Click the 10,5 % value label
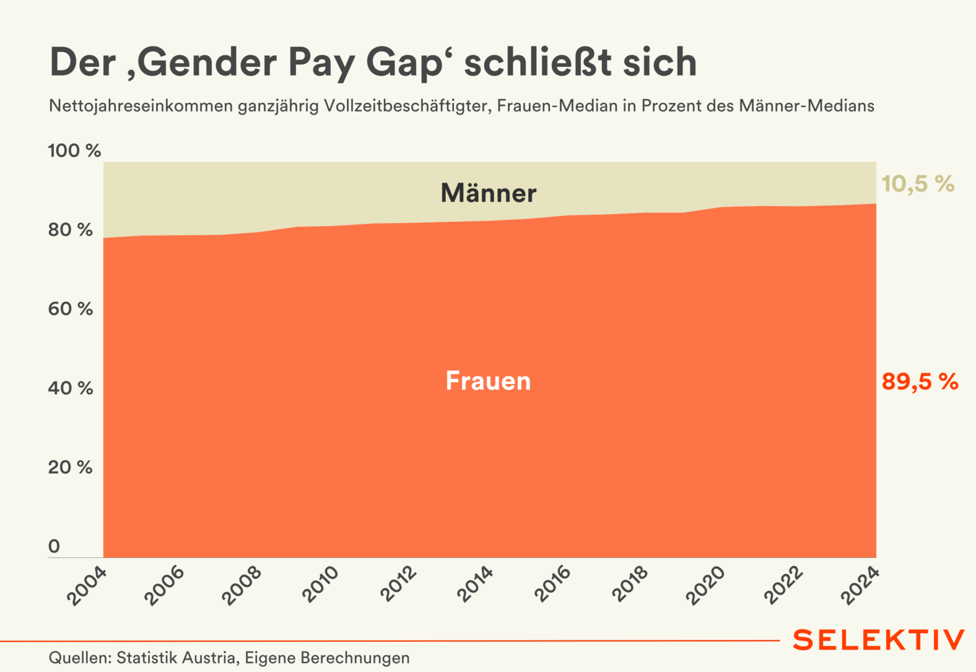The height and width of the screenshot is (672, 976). coord(917,184)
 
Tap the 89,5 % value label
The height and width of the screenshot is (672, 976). coord(920,382)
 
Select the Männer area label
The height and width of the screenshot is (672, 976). coord(488,193)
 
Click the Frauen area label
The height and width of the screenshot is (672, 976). coord(488,381)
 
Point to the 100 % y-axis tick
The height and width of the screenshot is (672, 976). coord(74,151)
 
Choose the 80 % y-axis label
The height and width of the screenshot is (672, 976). coord(71,230)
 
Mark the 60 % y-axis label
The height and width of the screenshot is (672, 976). coord(71,309)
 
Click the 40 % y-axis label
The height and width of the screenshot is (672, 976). coord(71,388)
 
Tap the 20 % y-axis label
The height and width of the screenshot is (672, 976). coord(71,468)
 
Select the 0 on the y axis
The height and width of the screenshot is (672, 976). coord(54,546)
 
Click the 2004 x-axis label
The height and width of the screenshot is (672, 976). coord(87,586)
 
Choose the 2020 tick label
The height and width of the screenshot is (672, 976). coord(706,586)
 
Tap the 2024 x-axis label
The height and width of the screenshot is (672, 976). coord(860,586)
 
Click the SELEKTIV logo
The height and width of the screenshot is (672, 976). coord(878,640)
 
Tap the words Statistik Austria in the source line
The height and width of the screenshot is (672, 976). coord(176,658)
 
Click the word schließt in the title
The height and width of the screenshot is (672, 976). coord(538,63)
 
